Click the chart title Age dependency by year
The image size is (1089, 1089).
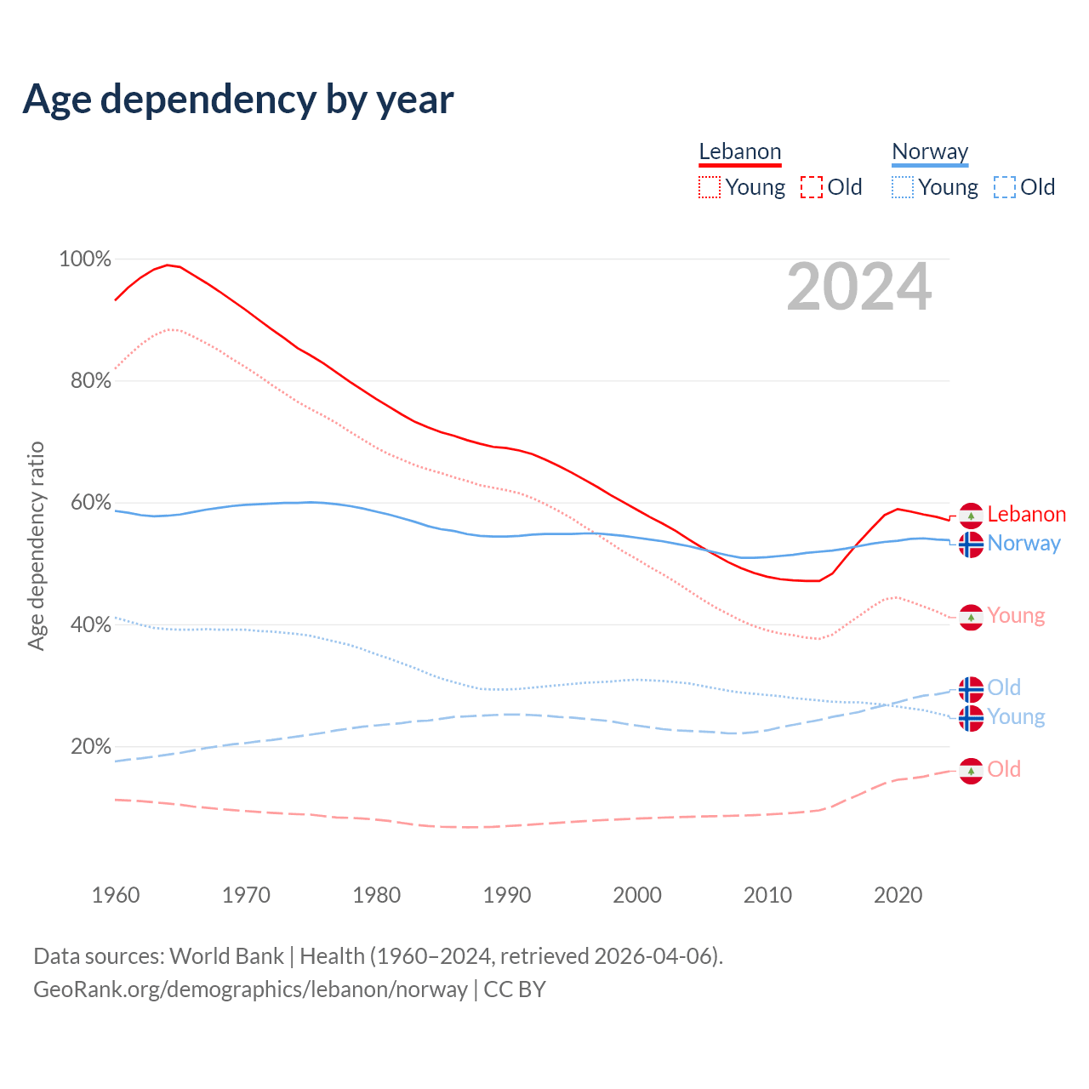click(x=238, y=100)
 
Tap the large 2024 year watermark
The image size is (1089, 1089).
click(x=858, y=288)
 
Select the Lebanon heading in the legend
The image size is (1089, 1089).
click(x=739, y=152)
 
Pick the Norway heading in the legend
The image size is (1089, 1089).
click(x=930, y=152)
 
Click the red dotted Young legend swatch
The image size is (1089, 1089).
click(x=710, y=187)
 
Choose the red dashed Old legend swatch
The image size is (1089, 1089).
click(x=812, y=187)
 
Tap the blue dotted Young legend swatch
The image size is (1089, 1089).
click(x=903, y=187)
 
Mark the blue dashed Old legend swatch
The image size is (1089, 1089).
click(x=1005, y=187)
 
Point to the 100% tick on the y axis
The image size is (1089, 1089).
click(x=85, y=259)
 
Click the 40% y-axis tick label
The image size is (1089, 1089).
click(x=91, y=624)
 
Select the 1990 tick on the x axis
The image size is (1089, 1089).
click(x=507, y=895)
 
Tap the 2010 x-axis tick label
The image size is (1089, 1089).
click(x=767, y=895)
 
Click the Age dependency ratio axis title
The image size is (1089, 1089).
click(x=36, y=545)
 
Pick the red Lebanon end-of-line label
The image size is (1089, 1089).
click(x=1026, y=514)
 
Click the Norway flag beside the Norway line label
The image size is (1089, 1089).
click(x=971, y=544)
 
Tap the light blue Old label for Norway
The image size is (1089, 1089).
click(x=1004, y=687)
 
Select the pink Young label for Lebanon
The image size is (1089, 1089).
click(x=1016, y=616)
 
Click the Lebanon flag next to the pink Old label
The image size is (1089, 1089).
click(x=971, y=771)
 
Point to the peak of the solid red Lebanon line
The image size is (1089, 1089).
click(x=168, y=265)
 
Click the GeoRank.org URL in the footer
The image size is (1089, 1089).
click(x=250, y=989)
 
